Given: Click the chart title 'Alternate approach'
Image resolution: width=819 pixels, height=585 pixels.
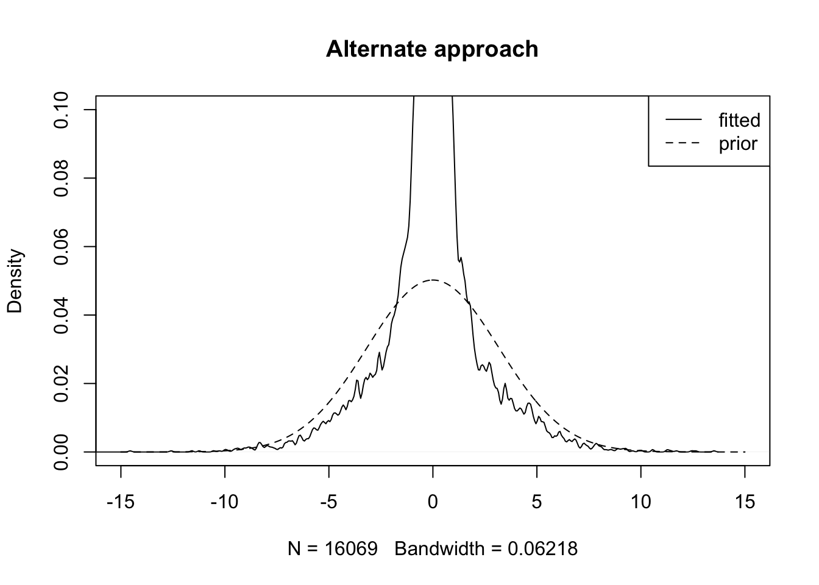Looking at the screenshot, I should (x=432, y=49).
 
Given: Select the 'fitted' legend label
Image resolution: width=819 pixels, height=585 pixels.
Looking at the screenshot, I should (x=739, y=120).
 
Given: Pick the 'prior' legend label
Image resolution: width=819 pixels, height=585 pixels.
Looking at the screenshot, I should (x=738, y=144).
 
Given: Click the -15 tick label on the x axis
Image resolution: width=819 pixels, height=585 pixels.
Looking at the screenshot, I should (x=121, y=503).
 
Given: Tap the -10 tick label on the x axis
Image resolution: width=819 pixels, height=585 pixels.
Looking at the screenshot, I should (x=225, y=503).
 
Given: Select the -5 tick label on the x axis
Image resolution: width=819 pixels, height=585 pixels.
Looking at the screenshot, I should (x=328, y=503).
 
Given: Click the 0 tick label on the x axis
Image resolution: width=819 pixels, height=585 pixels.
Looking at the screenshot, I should (x=433, y=503).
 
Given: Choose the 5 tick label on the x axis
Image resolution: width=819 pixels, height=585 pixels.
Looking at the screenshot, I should (x=537, y=503).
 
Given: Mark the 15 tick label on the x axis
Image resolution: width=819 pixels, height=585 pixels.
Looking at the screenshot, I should (x=745, y=503).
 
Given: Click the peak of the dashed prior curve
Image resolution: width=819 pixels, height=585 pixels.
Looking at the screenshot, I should (x=433, y=280).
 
